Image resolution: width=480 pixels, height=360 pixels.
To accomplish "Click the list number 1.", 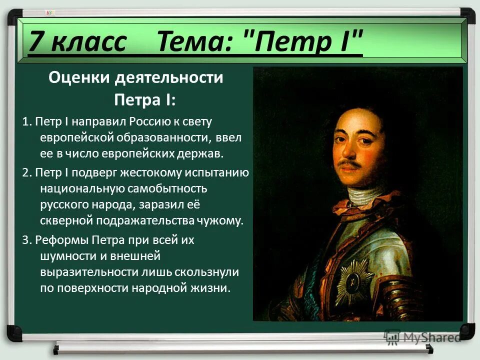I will click(26, 121).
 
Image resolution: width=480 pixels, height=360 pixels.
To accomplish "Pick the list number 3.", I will click(26, 240).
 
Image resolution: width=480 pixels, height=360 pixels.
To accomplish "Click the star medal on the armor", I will click(354, 282).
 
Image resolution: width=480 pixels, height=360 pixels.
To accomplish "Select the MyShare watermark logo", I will click(422, 336).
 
